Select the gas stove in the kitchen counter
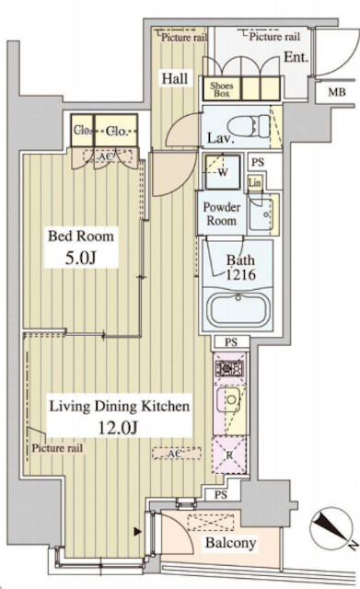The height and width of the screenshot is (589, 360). (x=229, y=368)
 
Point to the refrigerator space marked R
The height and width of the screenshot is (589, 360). (x=229, y=455)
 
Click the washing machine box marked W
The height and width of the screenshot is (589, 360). (x=223, y=172)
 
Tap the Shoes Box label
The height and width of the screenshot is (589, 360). (x=222, y=89)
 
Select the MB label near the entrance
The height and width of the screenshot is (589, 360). (x=337, y=92)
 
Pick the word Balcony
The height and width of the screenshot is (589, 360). (x=230, y=542)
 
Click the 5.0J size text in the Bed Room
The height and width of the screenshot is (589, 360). (x=81, y=258)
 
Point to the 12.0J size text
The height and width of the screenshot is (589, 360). (x=119, y=427)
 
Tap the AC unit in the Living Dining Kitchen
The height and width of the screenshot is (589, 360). (x=177, y=453)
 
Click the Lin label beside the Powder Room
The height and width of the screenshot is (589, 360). (x=254, y=183)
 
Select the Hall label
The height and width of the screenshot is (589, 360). (x=175, y=78)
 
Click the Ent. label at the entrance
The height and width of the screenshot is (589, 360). (x=296, y=57)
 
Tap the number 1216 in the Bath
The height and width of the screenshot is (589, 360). (x=240, y=274)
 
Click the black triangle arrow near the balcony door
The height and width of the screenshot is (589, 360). (x=138, y=531)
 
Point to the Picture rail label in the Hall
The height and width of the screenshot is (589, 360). (x=184, y=37)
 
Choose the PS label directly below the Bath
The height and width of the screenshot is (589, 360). (x=231, y=341)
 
